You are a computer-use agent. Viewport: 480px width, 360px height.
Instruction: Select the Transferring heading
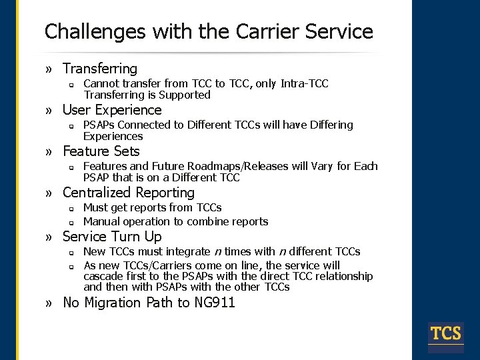(x=99, y=69)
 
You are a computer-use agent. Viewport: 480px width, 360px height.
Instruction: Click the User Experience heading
(x=112, y=110)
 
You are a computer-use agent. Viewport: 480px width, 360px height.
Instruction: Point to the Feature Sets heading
(x=101, y=151)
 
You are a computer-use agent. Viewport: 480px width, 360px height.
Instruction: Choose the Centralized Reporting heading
(x=128, y=193)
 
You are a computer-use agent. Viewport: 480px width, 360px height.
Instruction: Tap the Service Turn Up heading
(x=112, y=237)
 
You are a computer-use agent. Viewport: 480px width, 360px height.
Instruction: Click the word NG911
(x=214, y=303)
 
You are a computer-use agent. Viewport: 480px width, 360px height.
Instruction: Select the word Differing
(x=327, y=125)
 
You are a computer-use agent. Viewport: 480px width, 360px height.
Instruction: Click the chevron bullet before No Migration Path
(x=49, y=303)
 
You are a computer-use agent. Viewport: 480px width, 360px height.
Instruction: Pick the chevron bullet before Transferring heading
(x=49, y=69)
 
